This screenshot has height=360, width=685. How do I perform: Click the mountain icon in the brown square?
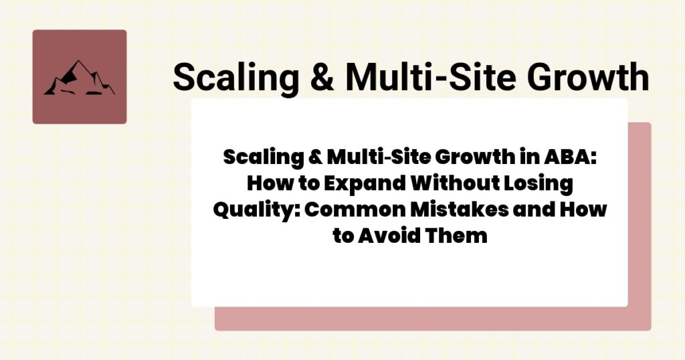[79, 78]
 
